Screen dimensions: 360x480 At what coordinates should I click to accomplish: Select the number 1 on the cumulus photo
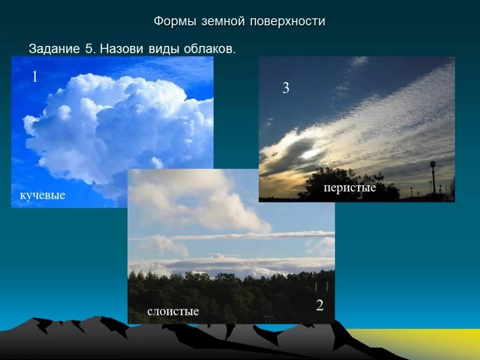35,76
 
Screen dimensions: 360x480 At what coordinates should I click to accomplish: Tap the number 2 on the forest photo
320,306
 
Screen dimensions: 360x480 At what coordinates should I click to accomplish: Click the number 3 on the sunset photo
285,88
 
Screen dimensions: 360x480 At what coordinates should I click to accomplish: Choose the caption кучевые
42,195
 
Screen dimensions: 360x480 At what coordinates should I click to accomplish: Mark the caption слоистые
173,311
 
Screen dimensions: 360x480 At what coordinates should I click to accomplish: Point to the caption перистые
350,188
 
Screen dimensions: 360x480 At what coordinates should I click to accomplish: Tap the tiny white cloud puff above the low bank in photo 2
217,256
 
